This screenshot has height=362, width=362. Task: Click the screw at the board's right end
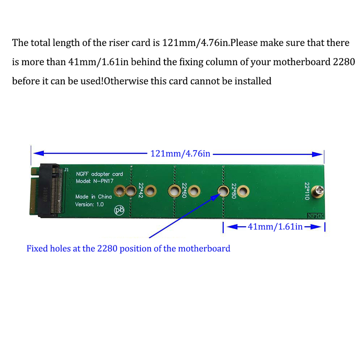(318, 191)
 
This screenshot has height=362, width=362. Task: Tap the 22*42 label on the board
(141, 190)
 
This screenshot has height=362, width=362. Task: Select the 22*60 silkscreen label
(184, 190)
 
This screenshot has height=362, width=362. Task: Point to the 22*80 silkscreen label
(234, 191)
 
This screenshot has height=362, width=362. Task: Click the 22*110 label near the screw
(307, 191)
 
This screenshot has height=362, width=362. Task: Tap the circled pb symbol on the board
(119, 210)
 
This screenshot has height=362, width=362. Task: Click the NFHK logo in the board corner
(316, 216)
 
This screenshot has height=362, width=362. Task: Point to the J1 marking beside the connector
(66, 170)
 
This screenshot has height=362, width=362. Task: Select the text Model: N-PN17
(95, 181)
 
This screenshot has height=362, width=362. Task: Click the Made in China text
(94, 197)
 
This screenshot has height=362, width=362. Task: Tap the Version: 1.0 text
(89, 204)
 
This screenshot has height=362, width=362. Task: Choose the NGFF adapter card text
(99, 174)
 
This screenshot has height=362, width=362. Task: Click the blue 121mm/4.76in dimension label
(180, 154)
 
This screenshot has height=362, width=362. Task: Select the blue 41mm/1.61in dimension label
(275, 227)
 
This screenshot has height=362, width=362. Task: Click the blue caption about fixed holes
(128, 249)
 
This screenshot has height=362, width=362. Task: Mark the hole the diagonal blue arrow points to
(223, 191)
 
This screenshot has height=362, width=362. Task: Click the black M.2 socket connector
(51, 191)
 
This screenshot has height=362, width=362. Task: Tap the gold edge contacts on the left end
(34, 191)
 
